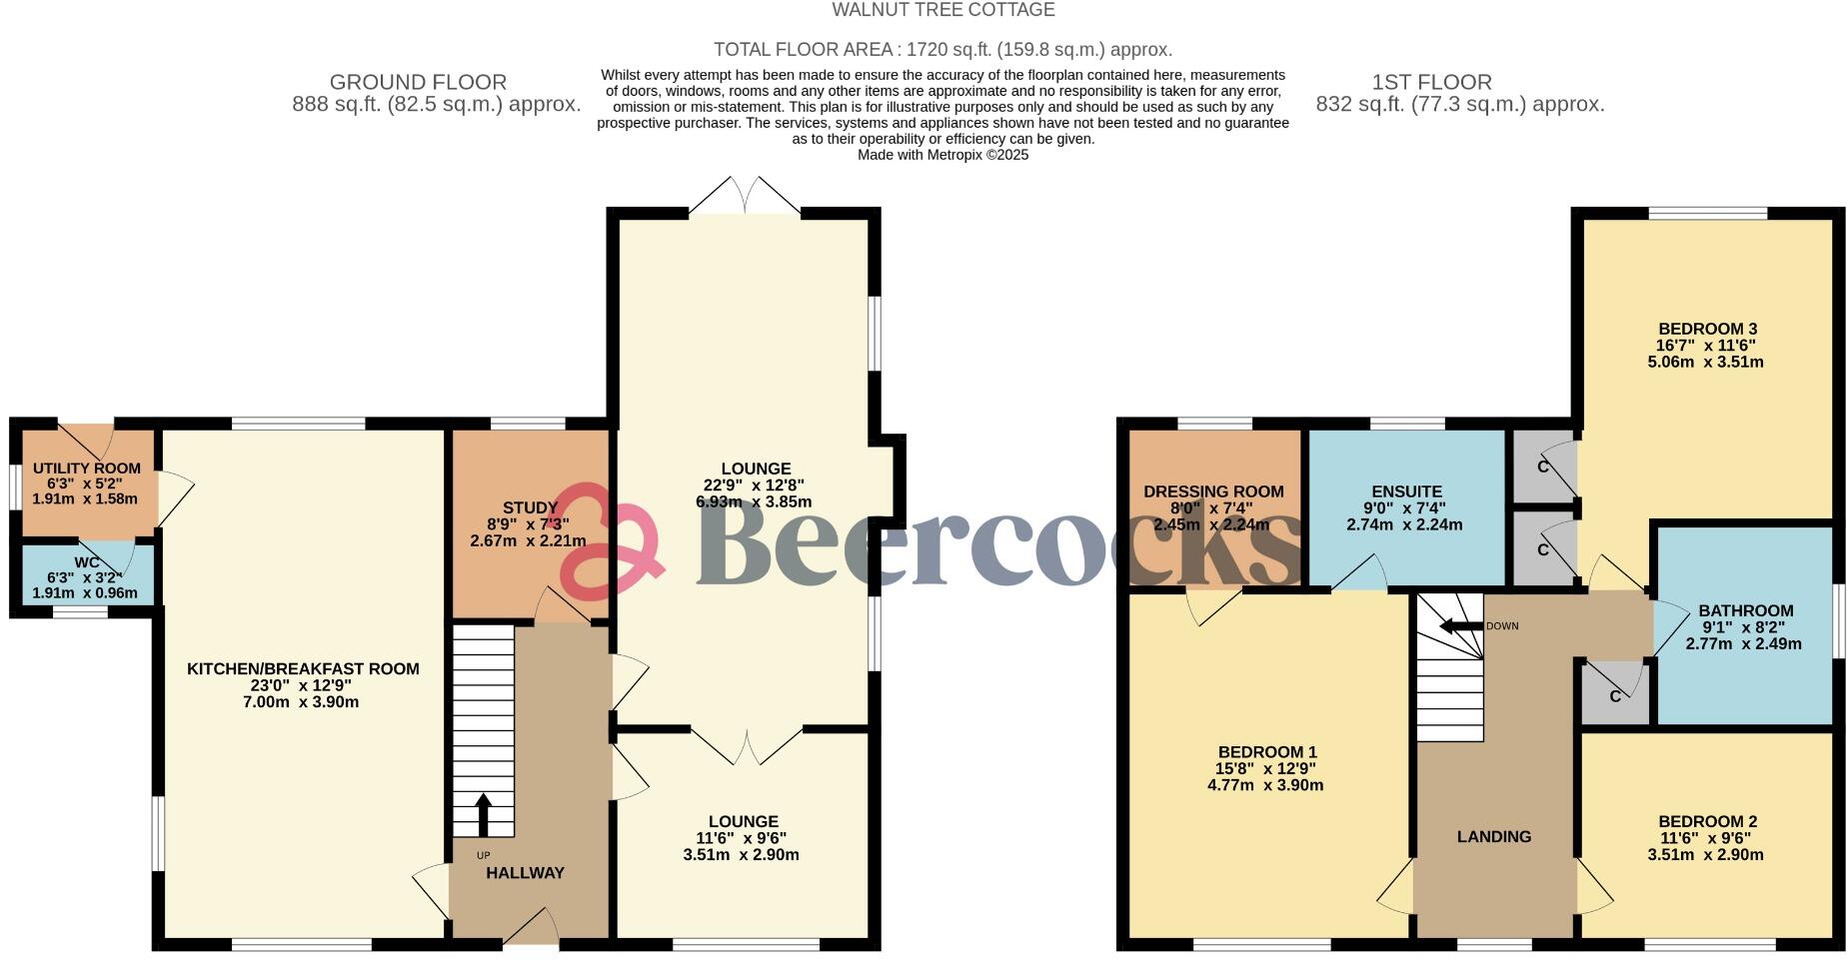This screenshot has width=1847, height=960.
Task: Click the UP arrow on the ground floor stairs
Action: [x=483, y=814]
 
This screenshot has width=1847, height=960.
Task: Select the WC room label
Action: [x=87, y=562]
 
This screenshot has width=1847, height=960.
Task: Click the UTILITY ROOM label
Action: [x=87, y=468]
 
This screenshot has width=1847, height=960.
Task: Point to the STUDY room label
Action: [x=530, y=508]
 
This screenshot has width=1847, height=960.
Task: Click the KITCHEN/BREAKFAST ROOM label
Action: [x=303, y=668]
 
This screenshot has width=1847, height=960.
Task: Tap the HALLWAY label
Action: [x=525, y=872]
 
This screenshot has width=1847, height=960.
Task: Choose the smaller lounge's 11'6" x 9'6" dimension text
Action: [x=741, y=838]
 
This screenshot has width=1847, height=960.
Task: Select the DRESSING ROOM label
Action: [x=1213, y=491]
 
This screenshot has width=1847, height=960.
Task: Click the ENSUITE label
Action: [x=1406, y=491]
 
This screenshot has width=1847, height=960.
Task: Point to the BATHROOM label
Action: [x=1745, y=610]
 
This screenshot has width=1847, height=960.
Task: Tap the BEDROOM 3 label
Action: [x=1707, y=329]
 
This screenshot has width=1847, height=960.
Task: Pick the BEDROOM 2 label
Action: [x=1707, y=821]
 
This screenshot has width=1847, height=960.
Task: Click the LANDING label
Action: [x=1493, y=836]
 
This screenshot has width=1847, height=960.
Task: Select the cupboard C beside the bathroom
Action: [x=1614, y=696]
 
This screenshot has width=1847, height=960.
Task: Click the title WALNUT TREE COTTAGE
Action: [x=942, y=10]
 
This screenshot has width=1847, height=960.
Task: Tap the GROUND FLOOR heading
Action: [x=418, y=82]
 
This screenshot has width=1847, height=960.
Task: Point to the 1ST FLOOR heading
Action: [x=1432, y=82]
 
